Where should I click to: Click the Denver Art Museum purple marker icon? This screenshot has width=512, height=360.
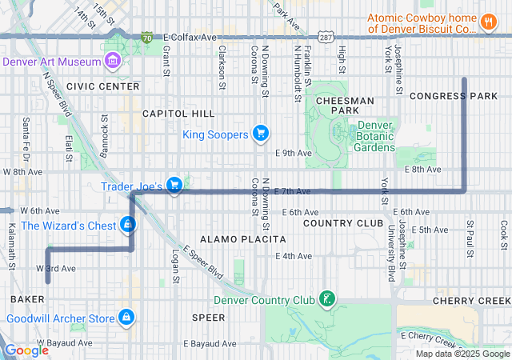112,61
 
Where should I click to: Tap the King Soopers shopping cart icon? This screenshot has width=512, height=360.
260,134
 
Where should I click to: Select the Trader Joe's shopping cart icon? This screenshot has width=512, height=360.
174,186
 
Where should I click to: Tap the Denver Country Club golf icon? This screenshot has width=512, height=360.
326,300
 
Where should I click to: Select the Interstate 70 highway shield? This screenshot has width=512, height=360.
146,37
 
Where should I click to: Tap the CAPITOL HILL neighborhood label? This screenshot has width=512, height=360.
178,114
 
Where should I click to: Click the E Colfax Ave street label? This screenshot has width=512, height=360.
190,37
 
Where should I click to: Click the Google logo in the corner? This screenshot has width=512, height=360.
26,350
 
